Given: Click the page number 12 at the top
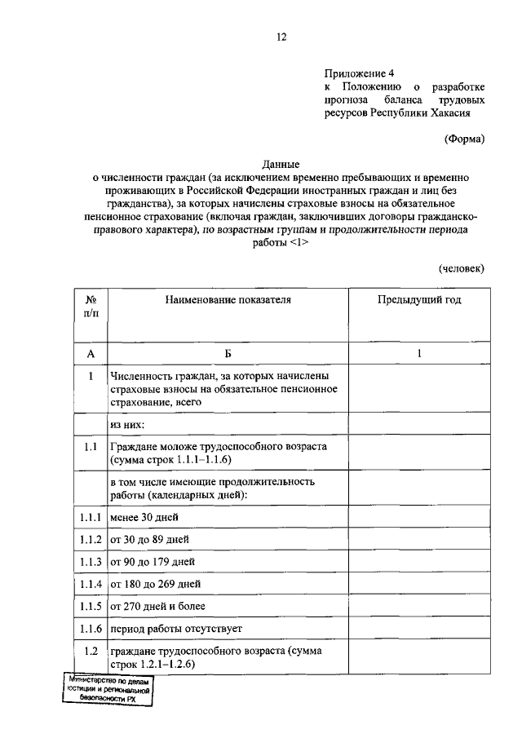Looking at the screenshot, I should tap(281, 37).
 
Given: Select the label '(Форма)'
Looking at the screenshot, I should tap(464, 139).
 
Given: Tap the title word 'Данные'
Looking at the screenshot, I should tap(281, 164).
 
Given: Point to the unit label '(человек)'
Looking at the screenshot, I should tap(461, 267).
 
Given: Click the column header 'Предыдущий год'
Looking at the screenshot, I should tap(418, 300).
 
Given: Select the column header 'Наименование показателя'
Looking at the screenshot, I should tap(228, 300).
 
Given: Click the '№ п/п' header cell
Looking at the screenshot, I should tap(91, 307).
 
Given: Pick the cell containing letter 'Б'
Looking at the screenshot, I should tap(228, 353).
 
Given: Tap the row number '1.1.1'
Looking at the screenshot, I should tap(91, 518).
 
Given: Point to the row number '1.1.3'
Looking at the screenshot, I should tap(91, 562).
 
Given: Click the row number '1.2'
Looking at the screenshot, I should tap(91, 651).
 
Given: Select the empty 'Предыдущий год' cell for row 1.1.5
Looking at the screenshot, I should tap(418, 606).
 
